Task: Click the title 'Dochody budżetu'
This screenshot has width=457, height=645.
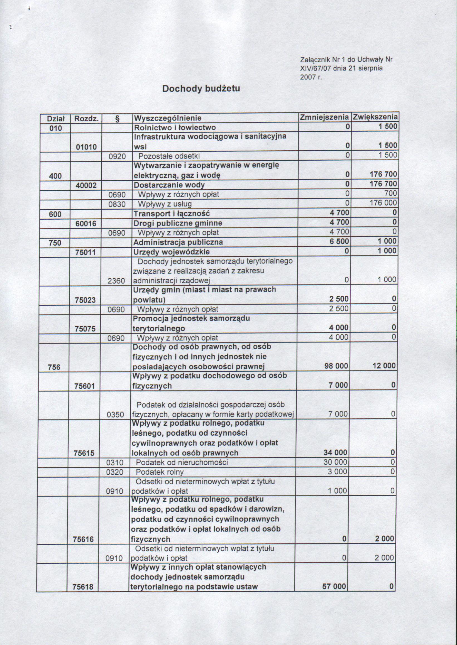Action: pyautogui.click(x=201, y=89)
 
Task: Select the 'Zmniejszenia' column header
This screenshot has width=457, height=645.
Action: pyautogui.click(x=324, y=117)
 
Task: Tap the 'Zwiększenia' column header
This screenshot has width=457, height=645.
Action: pyautogui.click(x=375, y=117)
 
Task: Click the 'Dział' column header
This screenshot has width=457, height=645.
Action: pyautogui.click(x=56, y=118)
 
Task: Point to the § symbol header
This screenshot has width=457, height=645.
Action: pyautogui.click(x=117, y=118)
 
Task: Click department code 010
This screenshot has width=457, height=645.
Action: pyautogui.click(x=55, y=128)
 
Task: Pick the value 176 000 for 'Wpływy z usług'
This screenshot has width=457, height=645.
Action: pyautogui.click(x=383, y=203)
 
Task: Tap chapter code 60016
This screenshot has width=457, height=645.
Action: pyautogui.click(x=86, y=224)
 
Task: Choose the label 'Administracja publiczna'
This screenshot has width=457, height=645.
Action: pyautogui.click(x=178, y=242)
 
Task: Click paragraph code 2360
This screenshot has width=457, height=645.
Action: pyautogui.click(x=116, y=280)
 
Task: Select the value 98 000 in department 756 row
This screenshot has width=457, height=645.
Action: pyautogui.click(x=336, y=366)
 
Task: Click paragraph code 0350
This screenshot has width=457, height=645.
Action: pyautogui.click(x=116, y=414)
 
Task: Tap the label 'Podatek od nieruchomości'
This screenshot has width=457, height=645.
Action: pyautogui.click(x=182, y=462)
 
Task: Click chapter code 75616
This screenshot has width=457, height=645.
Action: pyautogui.click(x=83, y=539)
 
